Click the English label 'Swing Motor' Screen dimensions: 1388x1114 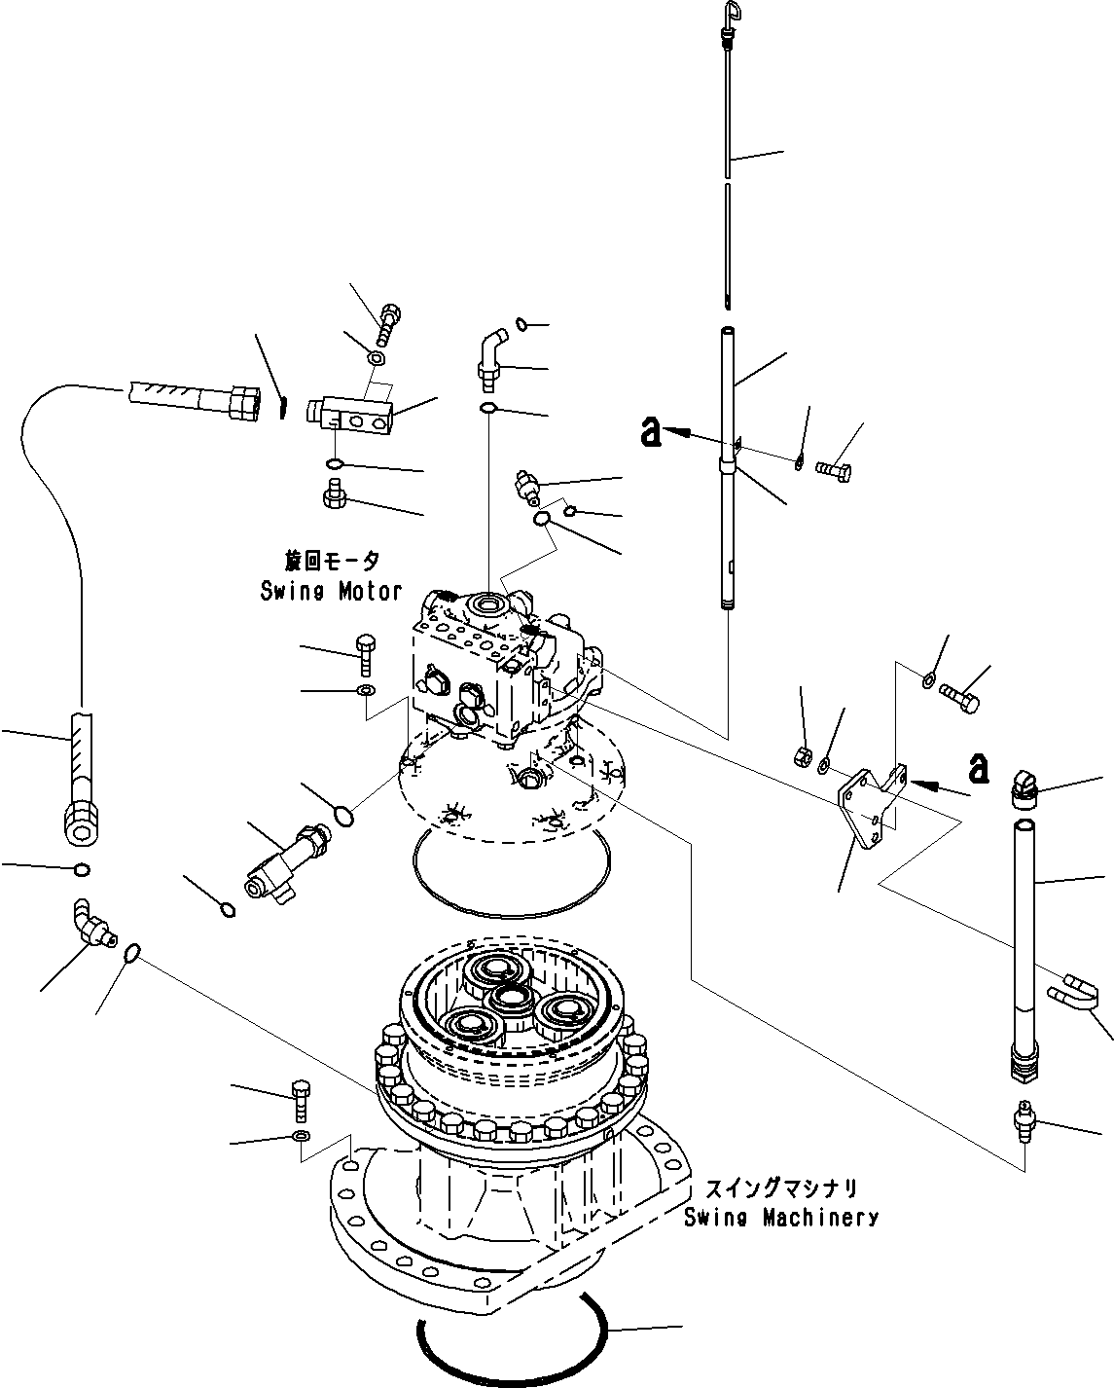click(331, 590)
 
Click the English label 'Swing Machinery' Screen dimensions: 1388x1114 click(780, 1217)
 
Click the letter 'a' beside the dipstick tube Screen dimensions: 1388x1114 click(651, 431)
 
